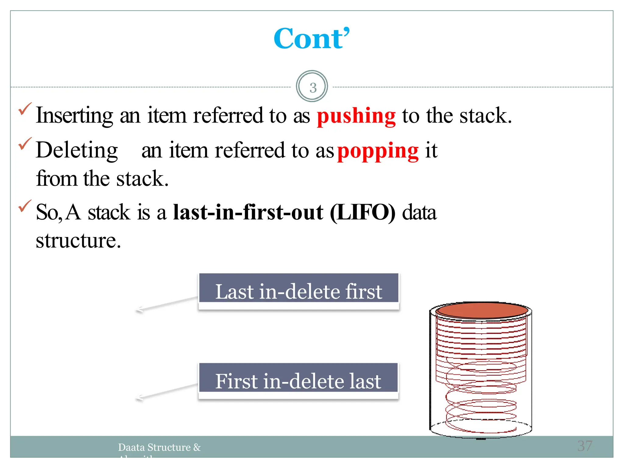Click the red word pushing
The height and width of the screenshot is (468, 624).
(356, 116)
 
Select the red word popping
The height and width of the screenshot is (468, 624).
(378, 151)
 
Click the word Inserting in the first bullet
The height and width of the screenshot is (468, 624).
(74, 115)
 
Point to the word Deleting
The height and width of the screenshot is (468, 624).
(77, 150)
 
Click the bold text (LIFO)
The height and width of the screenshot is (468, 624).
(362, 212)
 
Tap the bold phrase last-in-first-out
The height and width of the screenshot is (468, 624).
(248, 212)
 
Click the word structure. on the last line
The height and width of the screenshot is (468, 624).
(78, 241)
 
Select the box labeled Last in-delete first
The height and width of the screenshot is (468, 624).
(299, 291)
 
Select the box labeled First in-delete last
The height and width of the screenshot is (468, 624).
(298, 381)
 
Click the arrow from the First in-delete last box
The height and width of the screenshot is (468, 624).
(166, 391)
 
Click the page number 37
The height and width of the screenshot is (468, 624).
(585, 446)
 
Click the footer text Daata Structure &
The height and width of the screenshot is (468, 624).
(159, 447)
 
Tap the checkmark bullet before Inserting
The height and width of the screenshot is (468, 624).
(25, 109)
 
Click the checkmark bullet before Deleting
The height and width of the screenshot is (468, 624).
(25, 144)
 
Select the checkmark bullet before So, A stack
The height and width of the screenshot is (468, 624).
(25, 206)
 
